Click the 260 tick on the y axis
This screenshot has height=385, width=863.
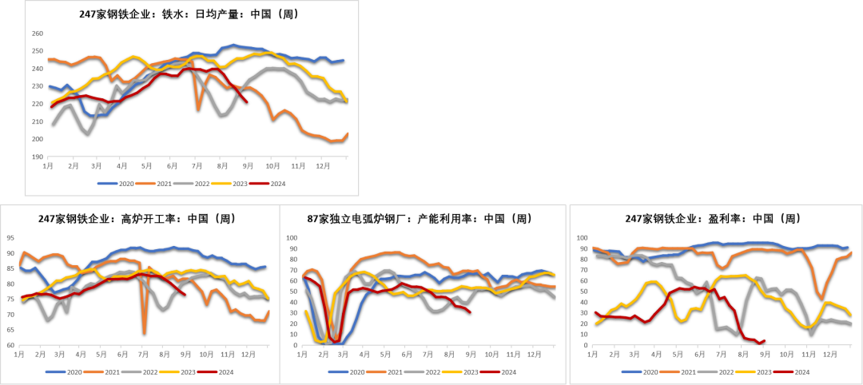tap(37, 34)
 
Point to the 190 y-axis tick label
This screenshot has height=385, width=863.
tap(37, 157)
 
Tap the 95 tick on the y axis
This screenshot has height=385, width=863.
tap(10, 238)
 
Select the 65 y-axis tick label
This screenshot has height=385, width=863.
tap(10, 330)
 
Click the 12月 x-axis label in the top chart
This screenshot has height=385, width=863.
tap(323, 166)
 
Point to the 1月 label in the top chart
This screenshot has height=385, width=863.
tap(48, 166)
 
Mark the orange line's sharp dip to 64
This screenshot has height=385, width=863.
tap(144, 332)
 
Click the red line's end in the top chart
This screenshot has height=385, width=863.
tap(247, 102)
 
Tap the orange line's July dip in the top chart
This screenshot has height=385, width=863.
tap(198, 109)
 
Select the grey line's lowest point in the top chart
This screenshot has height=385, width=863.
tap(88, 133)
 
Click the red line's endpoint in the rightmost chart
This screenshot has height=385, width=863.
tap(764, 340)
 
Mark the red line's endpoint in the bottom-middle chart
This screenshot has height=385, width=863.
tap(470, 312)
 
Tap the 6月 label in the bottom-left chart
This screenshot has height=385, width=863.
tap(121, 353)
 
